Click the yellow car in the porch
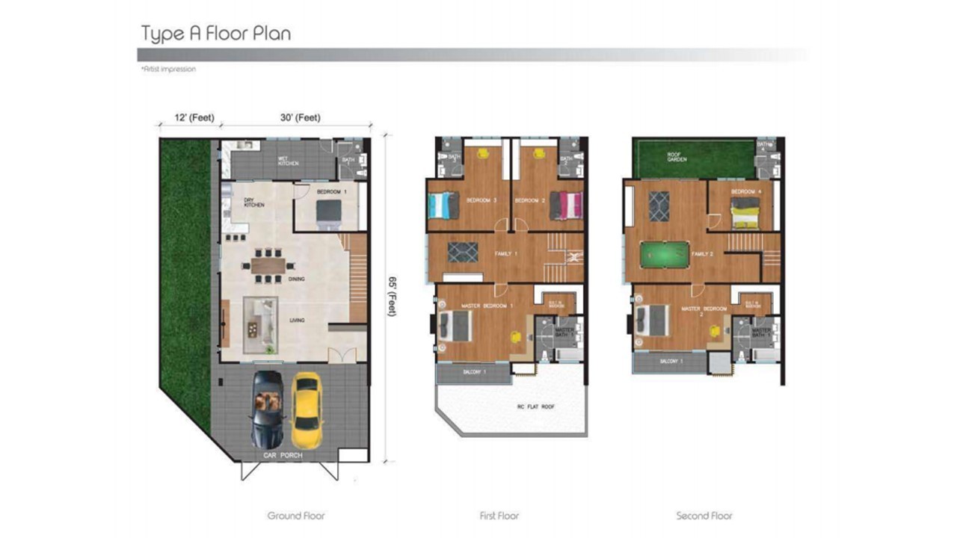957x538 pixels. (x=306, y=410)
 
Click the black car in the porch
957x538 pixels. (x=268, y=409)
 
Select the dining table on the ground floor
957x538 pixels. (x=268, y=265)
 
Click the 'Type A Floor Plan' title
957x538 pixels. (x=215, y=34)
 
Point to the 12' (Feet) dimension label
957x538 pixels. (x=194, y=117)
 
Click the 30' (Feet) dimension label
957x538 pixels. (x=300, y=117)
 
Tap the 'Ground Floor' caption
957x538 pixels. (x=296, y=516)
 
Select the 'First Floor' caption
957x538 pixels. (x=499, y=516)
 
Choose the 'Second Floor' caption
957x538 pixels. (x=704, y=516)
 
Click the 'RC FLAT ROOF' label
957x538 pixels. (x=511, y=407)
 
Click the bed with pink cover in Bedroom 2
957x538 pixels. (x=566, y=205)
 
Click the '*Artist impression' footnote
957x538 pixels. (x=168, y=69)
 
